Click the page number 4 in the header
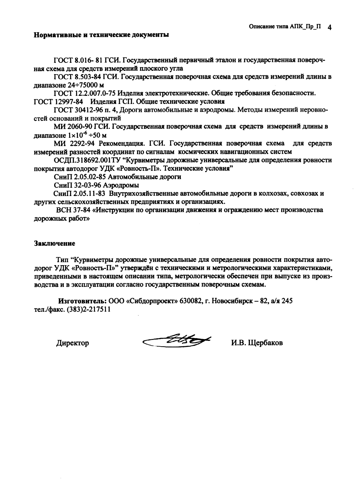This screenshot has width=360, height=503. [x=330, y=28]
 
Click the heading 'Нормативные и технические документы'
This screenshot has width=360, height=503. [x=101, y=35]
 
